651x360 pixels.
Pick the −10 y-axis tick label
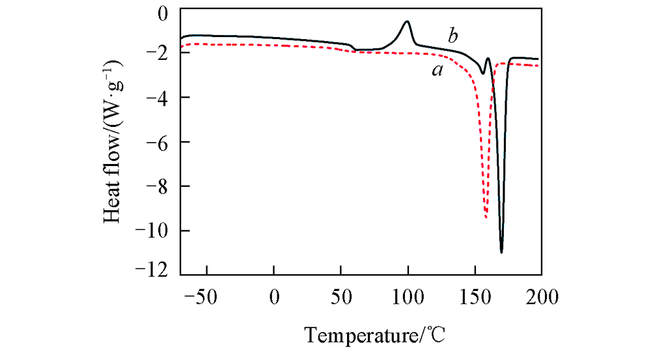[154, 230]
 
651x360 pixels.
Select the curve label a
[437, 70]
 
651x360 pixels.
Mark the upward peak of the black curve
[408, 21]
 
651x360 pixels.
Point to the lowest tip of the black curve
[501, 252]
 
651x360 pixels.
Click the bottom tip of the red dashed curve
[486, 218]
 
